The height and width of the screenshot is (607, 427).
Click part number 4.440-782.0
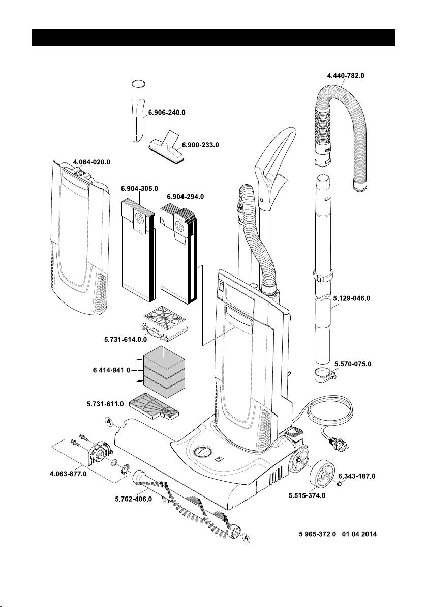click(x=345, y=75)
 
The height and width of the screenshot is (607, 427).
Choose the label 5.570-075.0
click(x=353, y=364)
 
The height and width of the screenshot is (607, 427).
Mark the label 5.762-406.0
click(x=133, y=499)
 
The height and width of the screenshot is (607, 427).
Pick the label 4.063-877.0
click(x=68, y=474)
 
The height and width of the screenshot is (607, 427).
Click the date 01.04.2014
click(x=361, y=535)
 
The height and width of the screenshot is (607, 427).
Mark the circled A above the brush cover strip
click(x=109, y=421)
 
